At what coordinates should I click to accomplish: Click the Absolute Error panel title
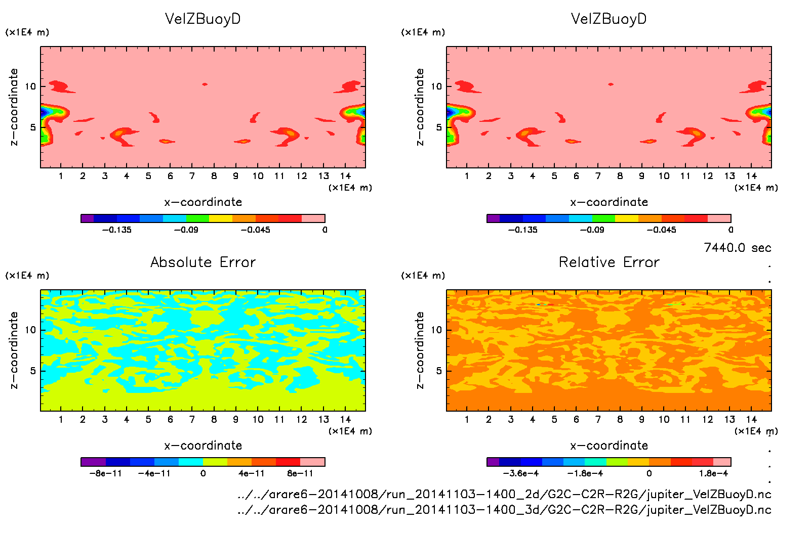coord(203,262)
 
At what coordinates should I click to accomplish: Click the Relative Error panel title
coord(609,262)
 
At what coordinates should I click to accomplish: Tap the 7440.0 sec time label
coord(737,248)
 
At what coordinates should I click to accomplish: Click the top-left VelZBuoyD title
coord(202,19)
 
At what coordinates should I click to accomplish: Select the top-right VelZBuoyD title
coord(608,19)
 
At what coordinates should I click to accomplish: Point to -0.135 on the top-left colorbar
coord(117,230)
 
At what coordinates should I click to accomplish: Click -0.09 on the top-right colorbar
coord(592,230)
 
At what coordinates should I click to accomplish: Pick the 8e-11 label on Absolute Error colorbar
coord(300,473)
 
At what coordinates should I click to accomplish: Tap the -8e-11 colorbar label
coord(105,473)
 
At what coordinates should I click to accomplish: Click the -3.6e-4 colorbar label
coord(520,473)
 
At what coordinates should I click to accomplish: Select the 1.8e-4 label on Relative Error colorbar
coord(713,473)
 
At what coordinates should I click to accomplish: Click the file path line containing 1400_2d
coord(504,494)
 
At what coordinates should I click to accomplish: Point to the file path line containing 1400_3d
coord(504,510)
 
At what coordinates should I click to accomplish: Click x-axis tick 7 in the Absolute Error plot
coord(192,419)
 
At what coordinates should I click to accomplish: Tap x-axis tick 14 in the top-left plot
coord(345,176)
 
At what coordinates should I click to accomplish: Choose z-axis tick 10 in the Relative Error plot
coord(436,330)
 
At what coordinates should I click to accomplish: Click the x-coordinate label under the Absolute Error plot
coord(203,446)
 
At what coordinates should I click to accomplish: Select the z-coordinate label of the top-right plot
coord(420,107)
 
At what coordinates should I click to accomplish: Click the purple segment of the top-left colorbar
coord(87,218)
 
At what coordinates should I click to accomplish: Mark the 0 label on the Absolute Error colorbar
coord(203,473)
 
